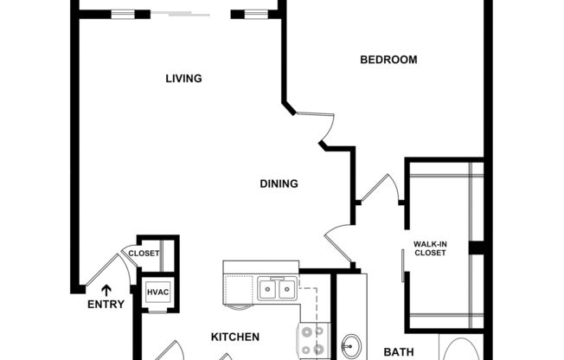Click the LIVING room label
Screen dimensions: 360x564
(183, 79)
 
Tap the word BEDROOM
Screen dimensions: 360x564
(388, 60)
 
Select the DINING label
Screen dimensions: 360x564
(279, 183)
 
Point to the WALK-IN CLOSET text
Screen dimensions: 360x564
(430, 249)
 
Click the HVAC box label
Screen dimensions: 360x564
(157, 292)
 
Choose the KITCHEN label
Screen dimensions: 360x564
(235, 337)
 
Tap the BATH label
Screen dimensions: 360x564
(400, 352)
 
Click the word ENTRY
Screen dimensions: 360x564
(106, 305)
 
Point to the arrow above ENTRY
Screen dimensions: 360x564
(106, 290)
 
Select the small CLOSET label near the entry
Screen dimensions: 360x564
(144, 254)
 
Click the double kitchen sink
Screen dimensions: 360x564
(278, 287)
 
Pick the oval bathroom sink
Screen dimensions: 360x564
(351, 347)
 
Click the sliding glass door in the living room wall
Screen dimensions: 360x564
(189, 13)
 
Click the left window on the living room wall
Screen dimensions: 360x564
(123, 13)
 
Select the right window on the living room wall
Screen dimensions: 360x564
(254, 13)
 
